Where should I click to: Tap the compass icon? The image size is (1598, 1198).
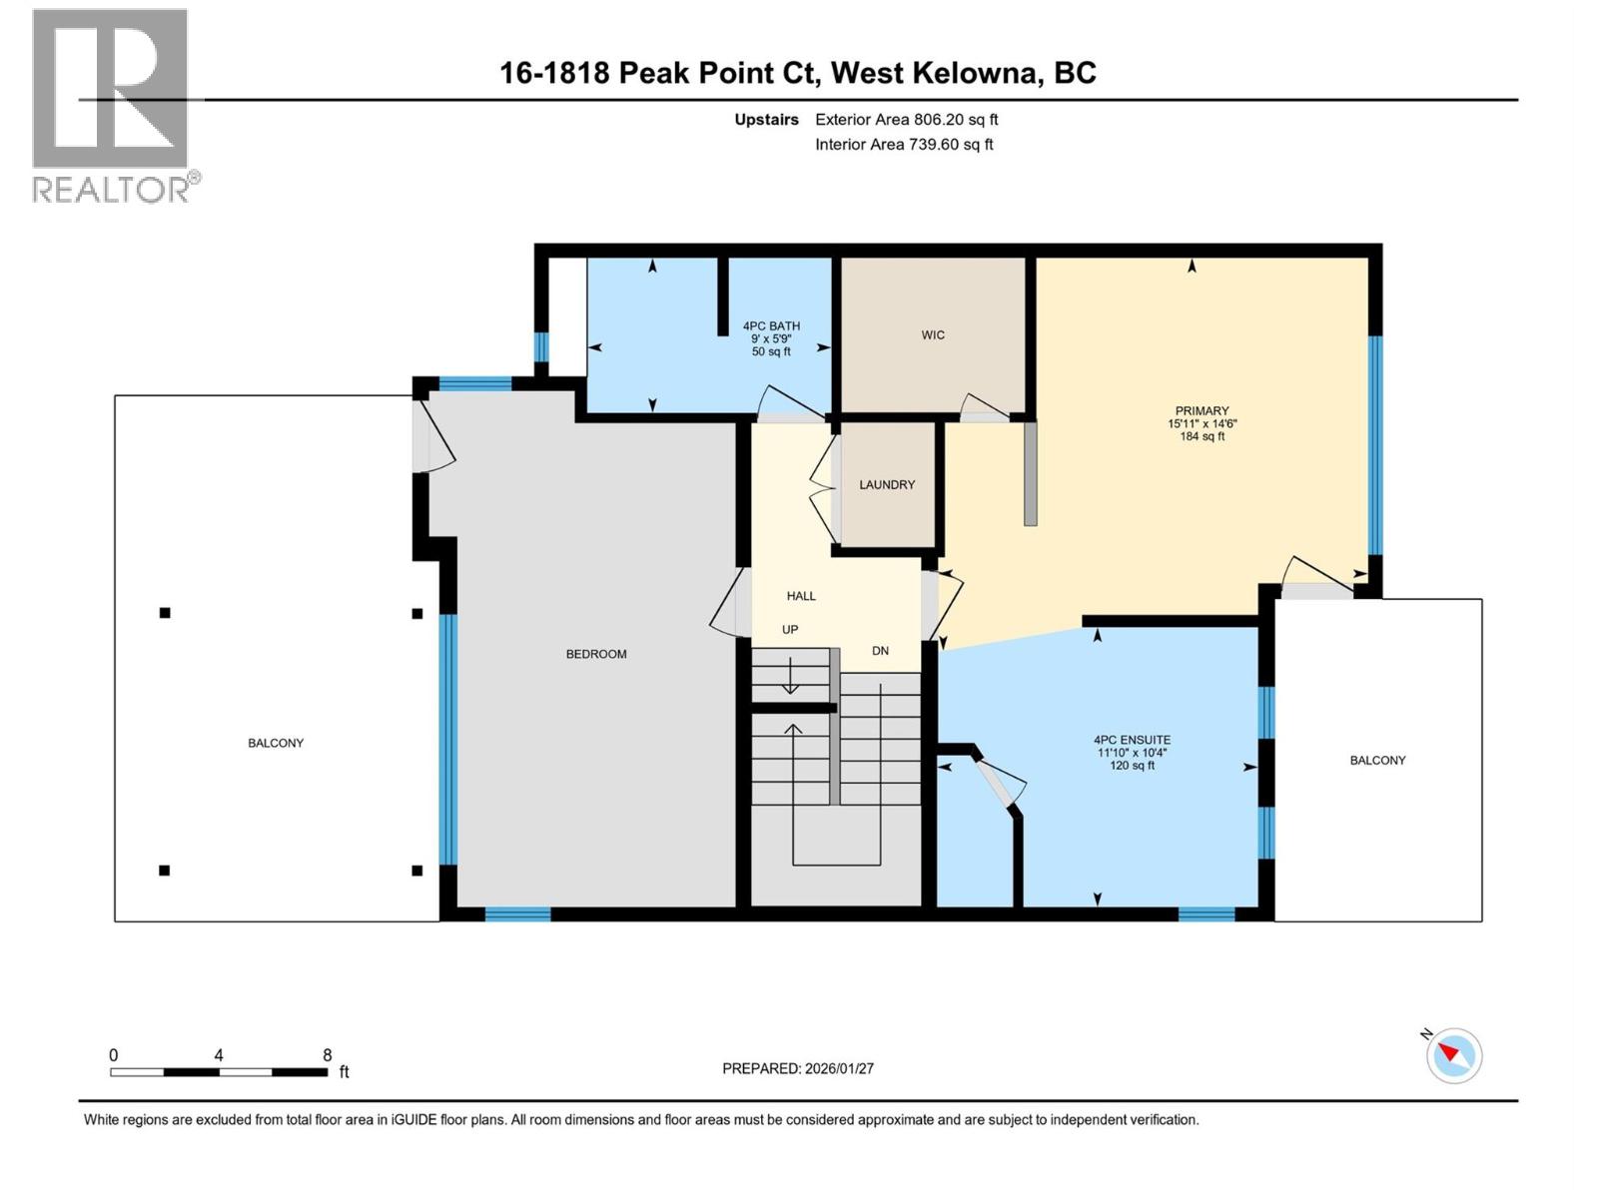point(1454,1055)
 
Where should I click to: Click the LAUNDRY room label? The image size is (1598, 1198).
point(887,484)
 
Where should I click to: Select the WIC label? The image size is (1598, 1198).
point(933,334)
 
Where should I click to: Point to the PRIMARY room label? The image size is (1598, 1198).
point(1201,410)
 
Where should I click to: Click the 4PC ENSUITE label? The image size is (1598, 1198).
point(1132,741)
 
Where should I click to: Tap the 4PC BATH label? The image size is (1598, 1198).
point(771,325)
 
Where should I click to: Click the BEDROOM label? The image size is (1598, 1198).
point(596,654)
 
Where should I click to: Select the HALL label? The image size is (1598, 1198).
point(801,596)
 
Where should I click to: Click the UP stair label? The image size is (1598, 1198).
point(790,630)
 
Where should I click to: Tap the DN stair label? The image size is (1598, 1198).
point(880,651)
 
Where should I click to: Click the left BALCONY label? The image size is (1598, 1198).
point(276,743)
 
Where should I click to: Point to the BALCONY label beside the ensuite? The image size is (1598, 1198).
point(1377,760)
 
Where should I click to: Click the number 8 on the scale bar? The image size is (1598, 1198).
point(327,1055)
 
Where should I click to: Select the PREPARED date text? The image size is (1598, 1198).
point(798,1068)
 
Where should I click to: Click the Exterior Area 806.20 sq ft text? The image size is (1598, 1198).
point(906,120)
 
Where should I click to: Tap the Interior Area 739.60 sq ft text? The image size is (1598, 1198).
point(904,144)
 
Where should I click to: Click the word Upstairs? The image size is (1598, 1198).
point(766,120)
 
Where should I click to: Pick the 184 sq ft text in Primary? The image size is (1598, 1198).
point(1201,436)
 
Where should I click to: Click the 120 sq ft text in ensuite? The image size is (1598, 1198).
point(1132,766)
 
